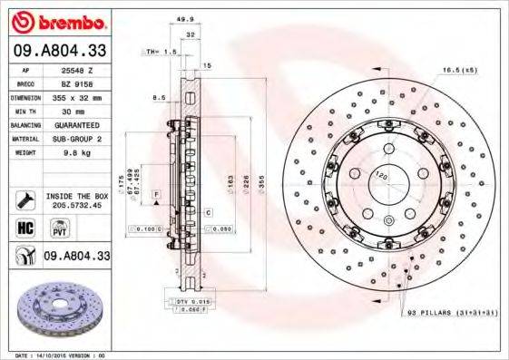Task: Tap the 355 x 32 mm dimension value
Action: pos(75,96)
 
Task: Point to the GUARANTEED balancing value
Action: pos(75,124)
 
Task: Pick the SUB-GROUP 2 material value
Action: pos(75,139)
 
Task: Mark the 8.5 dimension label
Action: pos(160,97)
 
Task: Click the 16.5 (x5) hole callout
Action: pos(460,69)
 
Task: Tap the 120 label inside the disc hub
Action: pos(381,173)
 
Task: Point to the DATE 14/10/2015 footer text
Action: pos(54,355)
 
